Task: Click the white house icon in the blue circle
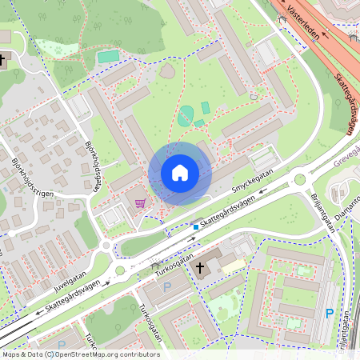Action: click(179, 173)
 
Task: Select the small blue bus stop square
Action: click(196, 227)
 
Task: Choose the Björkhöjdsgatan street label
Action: click(95, 165)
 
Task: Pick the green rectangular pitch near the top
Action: click(108, 57)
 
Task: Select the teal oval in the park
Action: click(186, 114)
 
